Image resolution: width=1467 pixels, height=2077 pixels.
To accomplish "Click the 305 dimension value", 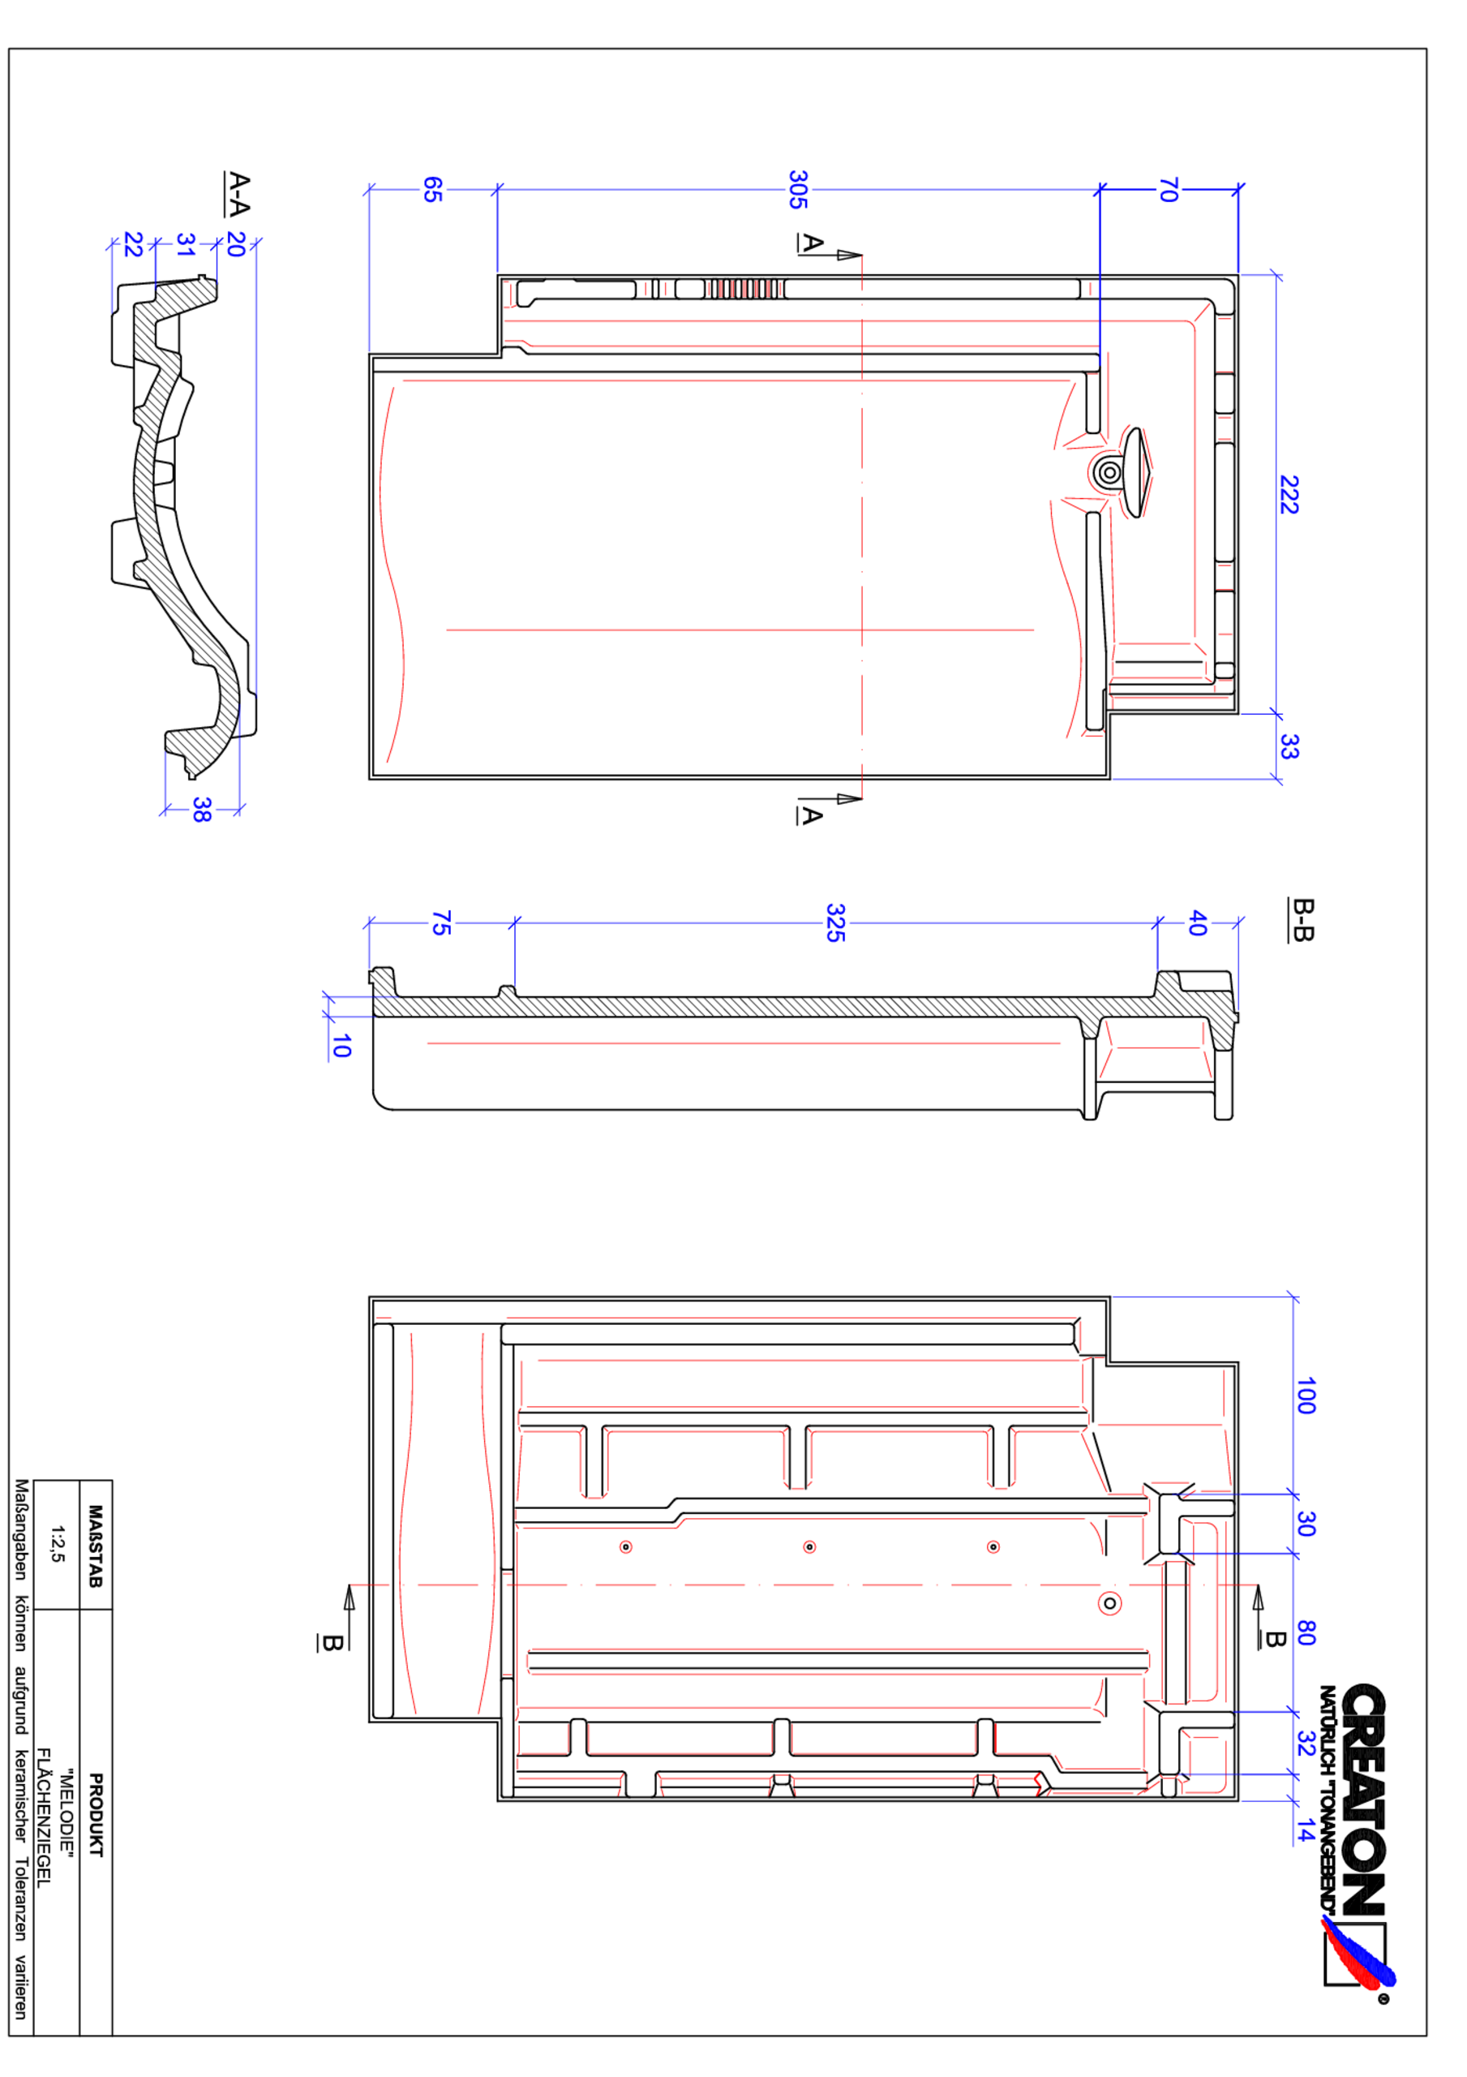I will [x=797, y=190].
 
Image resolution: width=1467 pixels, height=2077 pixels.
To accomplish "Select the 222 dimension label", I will [x=1289, y=495].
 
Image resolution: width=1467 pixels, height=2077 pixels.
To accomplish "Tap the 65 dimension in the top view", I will [x=433, y=190].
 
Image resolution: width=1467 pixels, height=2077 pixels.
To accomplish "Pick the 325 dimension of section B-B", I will [x=834, y=922].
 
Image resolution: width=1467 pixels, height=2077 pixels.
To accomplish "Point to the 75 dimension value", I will [x=440, y=922].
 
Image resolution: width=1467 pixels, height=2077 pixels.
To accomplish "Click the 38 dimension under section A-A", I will [x=202, y=810].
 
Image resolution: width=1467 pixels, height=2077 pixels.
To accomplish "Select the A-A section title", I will [x=238, y=194].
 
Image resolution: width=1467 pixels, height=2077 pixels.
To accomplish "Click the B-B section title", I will [x=1302, y=920].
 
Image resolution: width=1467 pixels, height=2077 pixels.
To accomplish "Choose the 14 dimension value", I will [x=1304, y=1830].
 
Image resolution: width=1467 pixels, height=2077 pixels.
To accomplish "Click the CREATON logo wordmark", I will [x=1363, y=1800].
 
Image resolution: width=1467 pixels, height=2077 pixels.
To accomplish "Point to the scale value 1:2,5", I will [x=57, y=1544].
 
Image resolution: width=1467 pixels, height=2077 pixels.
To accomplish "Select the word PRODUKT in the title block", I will [x=96, y=1815].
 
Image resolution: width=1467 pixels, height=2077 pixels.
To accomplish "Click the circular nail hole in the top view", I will [x=1109, y=472].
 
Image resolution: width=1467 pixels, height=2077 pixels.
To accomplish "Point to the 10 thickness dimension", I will [x=341, y=1046].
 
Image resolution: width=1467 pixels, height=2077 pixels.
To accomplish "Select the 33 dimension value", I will [x=1289, y=746].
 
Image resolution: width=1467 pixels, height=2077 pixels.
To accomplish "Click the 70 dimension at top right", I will [x=1169, y=190].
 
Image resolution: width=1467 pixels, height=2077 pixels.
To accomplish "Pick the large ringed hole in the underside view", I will [x=1109, y=1604].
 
